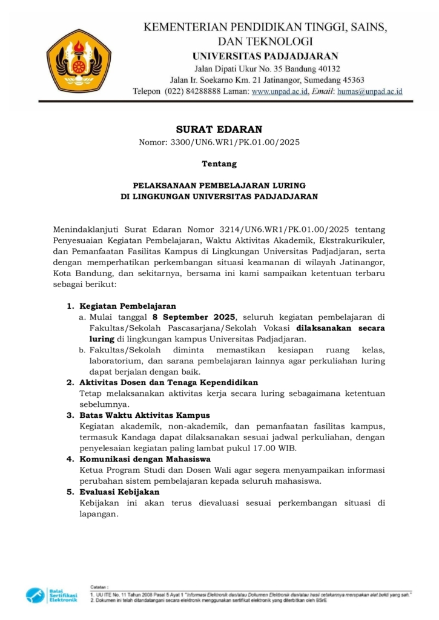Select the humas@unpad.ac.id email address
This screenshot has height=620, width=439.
tap(370, 91)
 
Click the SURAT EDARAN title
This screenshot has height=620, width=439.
tap(219, 129)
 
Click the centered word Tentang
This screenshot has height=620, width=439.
tap(219, 163)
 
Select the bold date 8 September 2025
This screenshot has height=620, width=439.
tap(197, 317)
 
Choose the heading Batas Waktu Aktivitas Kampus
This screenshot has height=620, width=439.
tap(145, 415)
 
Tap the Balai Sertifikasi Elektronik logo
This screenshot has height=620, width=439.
tap(52, 595)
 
